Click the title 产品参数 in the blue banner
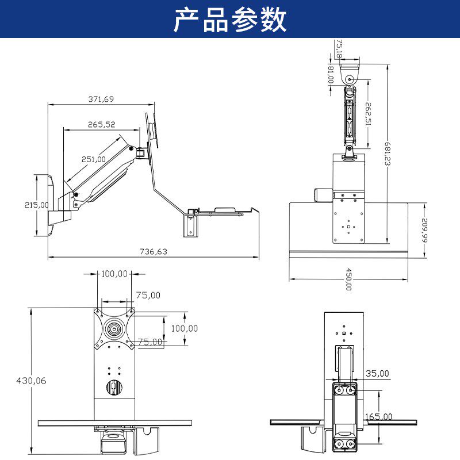[x=230, y=20]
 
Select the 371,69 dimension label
[x=101, y=99]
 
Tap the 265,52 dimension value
[x=102, y=124]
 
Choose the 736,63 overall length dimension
[x=154, y=251]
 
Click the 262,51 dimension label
[x=369, y=113]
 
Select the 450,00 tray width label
[x=348, y=279]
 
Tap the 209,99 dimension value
[x=425, y=230]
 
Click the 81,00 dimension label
[x=330, y=75]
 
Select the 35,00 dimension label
[x=378, y=373]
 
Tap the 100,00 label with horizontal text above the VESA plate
[x=114, y=274]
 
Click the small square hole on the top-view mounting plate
[x=348, y=226]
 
